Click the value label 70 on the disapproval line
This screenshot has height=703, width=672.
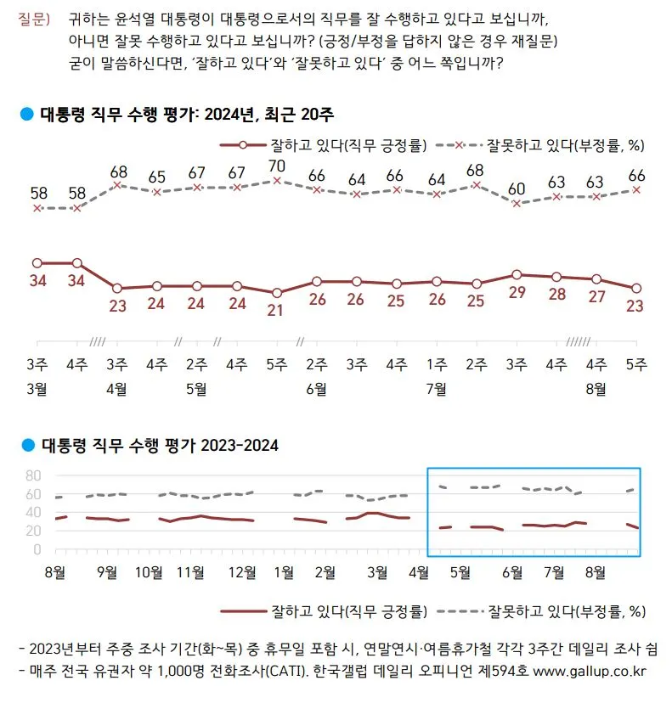coord(276,165)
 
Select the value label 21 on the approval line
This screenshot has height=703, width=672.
coord(276,309)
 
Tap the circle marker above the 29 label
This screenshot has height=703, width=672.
coord(516,274)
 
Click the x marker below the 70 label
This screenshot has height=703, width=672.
coord(276,180)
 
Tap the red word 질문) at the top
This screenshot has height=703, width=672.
coord(33,18)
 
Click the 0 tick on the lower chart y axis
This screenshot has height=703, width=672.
coord(37,549)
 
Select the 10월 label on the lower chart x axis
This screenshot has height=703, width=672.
coord(150,571)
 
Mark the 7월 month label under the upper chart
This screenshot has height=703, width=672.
coord(437,389)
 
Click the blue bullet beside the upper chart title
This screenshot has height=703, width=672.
coord(26,114)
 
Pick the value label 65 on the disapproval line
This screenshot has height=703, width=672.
coord(156,177)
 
